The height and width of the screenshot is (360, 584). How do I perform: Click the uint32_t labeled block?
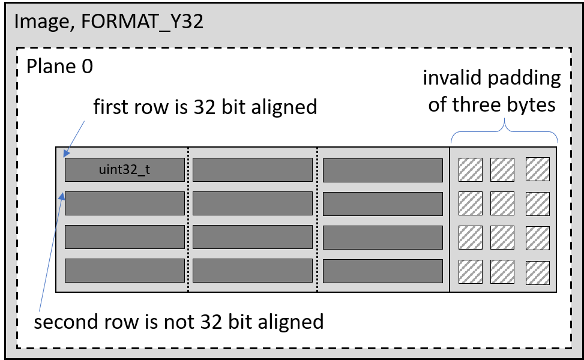pyautogui.click(x=124, y=170)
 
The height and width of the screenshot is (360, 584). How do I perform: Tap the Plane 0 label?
pyautogui.click(x=59, y=66)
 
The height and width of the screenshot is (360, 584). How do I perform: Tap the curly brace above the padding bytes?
pyautogui.click(x=504, y=127)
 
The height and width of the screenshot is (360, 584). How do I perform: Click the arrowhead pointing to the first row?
pyautogui.click(x=67, y=154)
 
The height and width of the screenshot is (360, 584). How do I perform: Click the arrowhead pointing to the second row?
pyautogui.click(x=62, y=194)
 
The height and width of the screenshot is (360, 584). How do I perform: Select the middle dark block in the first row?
pyautogui.click(x=252, y=170)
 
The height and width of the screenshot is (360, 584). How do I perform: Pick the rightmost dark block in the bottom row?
pyautogui.click(x=382, y=271)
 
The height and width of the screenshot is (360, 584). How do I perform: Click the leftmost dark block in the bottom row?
pyautogui.click(x=124, y=271)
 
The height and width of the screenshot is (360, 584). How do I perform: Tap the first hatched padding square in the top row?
pyautogui.click(x=471, y=169)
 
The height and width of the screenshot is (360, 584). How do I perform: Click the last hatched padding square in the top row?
pyautogui.click(x=537, y=169)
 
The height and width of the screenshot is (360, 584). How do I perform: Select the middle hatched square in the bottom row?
pyautogui.click(x=502, y=272)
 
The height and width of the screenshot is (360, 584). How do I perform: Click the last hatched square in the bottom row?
pyautogui.click(x=537, y=273)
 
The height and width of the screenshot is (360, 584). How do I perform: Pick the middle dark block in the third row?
pyautogui.click(x=252, y=237)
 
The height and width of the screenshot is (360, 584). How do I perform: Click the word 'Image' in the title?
pyautogui.click(x=39, y=22)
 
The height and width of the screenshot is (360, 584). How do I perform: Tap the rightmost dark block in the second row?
pyautogui.click(x=382, y=203)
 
